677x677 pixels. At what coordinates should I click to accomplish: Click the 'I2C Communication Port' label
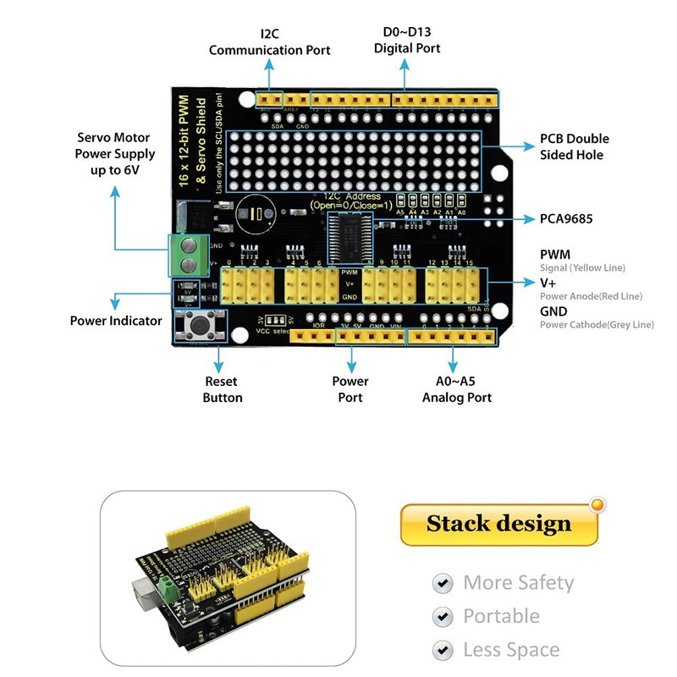point(270,42)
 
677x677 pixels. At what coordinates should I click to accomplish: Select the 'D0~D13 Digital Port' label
point(407,40)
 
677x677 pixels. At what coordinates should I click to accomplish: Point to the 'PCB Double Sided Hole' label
point(574,146)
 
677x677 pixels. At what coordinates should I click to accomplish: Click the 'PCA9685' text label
point(566,218)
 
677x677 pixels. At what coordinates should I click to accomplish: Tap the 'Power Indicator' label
point(116,321)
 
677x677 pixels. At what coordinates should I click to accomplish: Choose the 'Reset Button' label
point(223,389)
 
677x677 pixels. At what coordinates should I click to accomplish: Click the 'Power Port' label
point(350,389)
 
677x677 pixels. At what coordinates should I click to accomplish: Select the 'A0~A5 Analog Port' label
point(457,389)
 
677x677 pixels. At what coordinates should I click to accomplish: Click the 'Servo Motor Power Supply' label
point(115,153)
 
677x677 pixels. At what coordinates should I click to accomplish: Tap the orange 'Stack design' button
point(498,523)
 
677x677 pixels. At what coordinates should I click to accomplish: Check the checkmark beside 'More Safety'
point(442,583)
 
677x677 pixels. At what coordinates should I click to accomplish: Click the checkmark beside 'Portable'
point(442,617)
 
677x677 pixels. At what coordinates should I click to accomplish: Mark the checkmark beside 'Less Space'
point(442,650)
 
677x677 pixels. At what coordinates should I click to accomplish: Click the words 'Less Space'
point(511,650)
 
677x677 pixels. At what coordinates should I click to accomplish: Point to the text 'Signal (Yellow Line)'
point(582,268)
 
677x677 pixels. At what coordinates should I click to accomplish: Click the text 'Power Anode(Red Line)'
point(591,296)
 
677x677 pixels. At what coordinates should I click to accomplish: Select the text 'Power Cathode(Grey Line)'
point(597,325)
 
